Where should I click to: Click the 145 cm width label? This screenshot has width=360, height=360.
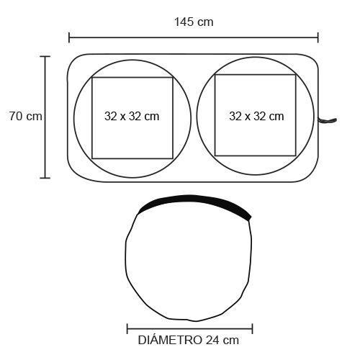[194, 22]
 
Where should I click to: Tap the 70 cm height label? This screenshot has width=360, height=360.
[26, 116]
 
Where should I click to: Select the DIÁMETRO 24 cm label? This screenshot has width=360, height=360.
[189, 340]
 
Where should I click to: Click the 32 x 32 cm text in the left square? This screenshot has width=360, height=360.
[132, 117]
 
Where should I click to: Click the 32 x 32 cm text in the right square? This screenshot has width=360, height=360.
[256, 117]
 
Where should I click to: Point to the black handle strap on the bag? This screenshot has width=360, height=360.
[194, 201]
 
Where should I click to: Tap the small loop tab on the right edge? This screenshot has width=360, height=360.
[328, 120]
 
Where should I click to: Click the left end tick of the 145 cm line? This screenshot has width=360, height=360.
[69, 37]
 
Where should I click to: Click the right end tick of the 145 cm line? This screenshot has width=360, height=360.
[318, 37]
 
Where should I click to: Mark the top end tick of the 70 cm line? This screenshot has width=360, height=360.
[45, 57]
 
